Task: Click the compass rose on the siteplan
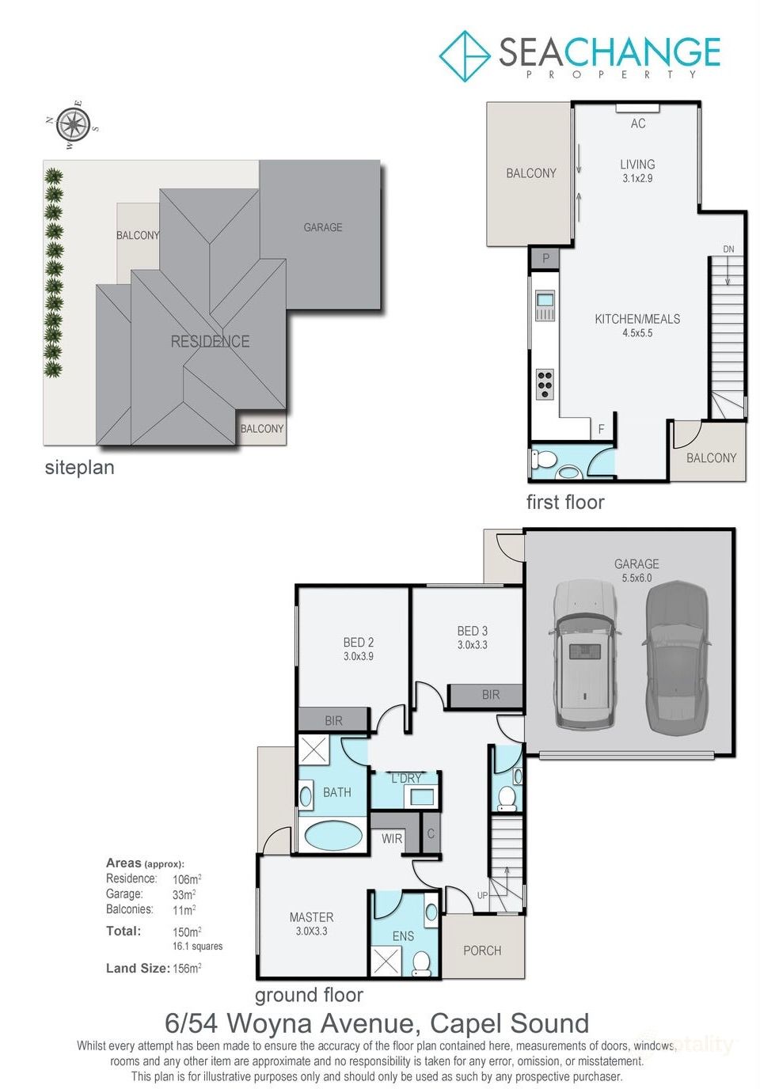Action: (x=73, y=124)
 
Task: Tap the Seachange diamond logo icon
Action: (x=464, y=55)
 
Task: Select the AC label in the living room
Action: (x=638, y=123)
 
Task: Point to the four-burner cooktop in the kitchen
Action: (x=545, y=384)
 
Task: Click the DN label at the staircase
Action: (x=728, y=249)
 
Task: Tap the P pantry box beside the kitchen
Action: (x=545, y=258)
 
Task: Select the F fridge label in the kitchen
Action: (x=602, y=429)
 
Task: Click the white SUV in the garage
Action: (x=584, y=654)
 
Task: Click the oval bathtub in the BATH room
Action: (x=332, y=835)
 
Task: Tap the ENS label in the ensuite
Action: (x=403, y=936)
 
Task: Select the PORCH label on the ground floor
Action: (x=482, y=951)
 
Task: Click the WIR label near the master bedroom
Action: (x=392, y=839)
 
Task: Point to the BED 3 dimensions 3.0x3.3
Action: (x=473, y=645)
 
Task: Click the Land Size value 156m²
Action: (x=187, y=969)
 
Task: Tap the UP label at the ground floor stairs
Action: (x=482, y=896)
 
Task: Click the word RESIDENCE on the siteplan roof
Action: (x=210, y=342)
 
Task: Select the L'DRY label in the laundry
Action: (x=406, y=779)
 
